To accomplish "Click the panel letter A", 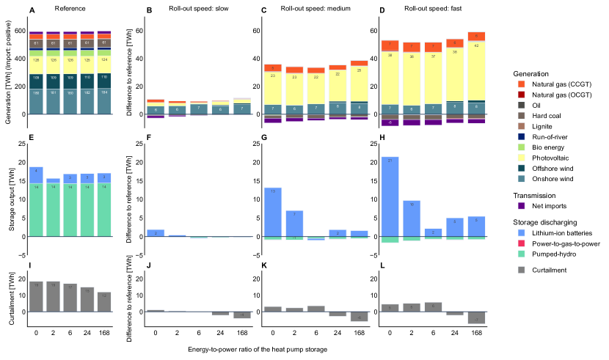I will coord(32,10).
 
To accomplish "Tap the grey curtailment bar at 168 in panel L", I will coord(475,317).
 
